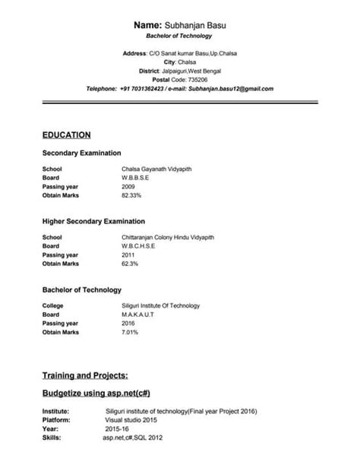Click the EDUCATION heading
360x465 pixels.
pos(67,134)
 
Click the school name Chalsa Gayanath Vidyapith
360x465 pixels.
pos(156,169)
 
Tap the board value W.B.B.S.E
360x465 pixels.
pos(135,178)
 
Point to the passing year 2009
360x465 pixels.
pos(128,187)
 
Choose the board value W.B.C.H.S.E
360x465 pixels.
pos(138,246)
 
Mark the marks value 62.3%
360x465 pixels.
pos(129,264)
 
